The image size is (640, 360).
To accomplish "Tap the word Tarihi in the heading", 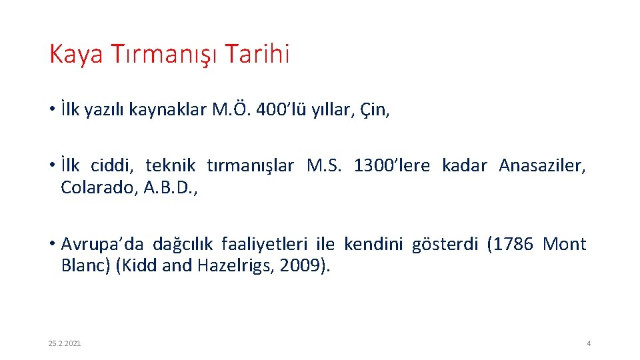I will (x=257, y=55).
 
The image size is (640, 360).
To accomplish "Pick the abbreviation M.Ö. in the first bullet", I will (x=231, y=110).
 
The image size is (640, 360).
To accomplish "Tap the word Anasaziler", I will (x=543, y=165).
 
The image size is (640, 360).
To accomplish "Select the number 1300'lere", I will (x=392, y=165).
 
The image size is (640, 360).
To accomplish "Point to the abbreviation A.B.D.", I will (x=171, y=188).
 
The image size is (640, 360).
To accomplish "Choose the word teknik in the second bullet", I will (x=170, y=165).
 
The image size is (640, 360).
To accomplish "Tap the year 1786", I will (x=511, y=244).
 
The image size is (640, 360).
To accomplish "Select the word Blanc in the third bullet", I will (x=86, y=265).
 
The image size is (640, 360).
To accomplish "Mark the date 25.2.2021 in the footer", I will (x=65, y=343).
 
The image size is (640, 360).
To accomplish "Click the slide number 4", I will (x=589, y=343).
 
